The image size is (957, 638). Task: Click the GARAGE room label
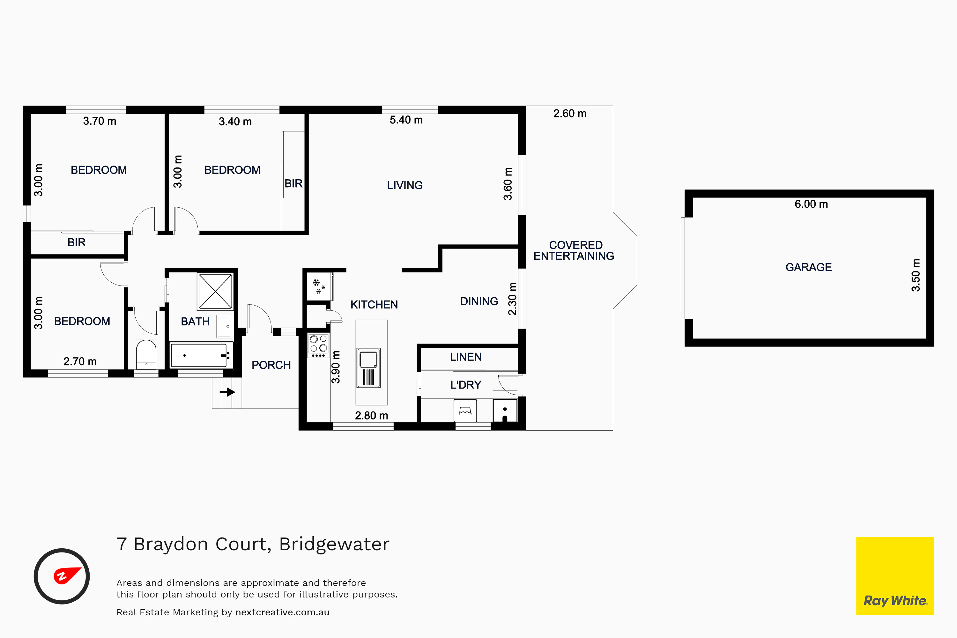808,267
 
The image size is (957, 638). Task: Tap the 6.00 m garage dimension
811,204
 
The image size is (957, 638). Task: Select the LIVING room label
404,186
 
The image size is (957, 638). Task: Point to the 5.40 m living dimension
406,120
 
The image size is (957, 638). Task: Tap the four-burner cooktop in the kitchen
318,345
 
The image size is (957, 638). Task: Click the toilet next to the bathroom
146,354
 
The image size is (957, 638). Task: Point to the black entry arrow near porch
227,392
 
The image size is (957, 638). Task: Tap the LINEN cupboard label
465,357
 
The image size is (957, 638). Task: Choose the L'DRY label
465,385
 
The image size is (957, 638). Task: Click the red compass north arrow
67,575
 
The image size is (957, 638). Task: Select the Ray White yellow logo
895,576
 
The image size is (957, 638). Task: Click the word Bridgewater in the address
334,545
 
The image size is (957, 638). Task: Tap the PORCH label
271,365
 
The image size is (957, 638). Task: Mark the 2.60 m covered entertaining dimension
570,114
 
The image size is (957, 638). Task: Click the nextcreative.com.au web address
282,612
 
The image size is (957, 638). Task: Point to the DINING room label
479,301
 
